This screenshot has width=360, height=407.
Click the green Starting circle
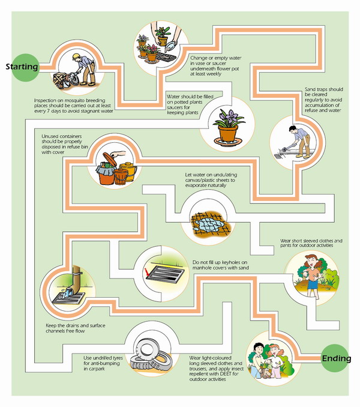(22, 67)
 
